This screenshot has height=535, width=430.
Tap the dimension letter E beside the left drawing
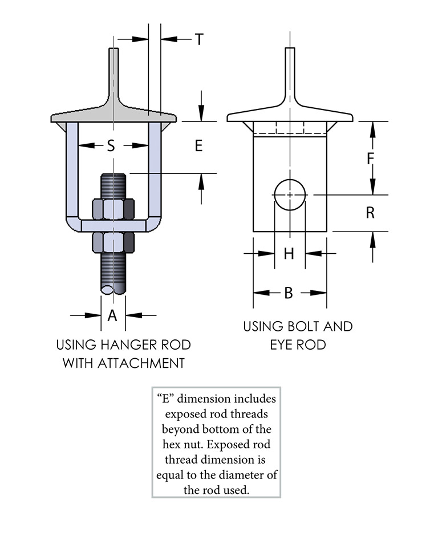coord(198,146)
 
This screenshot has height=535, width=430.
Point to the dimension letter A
coord(112,315)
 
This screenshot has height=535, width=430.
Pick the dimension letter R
coord(370,213)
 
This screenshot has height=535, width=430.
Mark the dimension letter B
coord(289,293)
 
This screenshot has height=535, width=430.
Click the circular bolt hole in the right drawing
coord(290,195)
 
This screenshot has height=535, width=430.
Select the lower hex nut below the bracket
coord(113,242)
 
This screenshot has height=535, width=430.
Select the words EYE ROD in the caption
coord(298,344)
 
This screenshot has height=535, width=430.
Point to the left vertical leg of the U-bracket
coord(72,171)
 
